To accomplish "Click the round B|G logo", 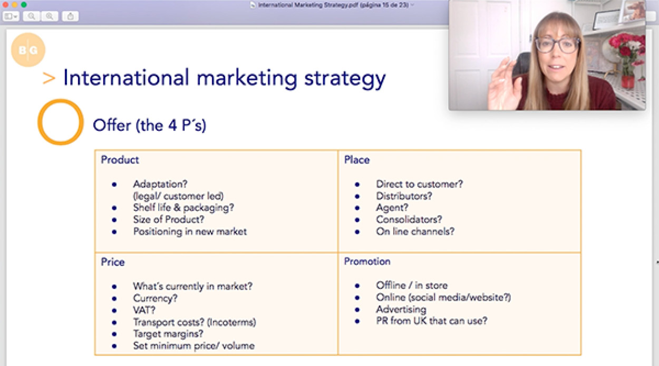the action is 28,50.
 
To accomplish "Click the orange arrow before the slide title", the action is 49,79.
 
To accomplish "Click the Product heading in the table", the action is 120,160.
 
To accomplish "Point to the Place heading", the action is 357,160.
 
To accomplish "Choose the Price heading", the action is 113,262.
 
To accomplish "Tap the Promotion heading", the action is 367,261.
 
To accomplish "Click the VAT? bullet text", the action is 144,310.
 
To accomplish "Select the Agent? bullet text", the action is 392,208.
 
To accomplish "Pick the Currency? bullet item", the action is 156,298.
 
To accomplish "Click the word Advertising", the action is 401,309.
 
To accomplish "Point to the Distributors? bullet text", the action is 404,196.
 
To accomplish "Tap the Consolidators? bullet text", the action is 409,219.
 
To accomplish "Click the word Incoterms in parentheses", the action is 231,322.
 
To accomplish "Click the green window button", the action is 24,5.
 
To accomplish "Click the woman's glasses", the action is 557,45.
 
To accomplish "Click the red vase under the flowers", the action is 627,82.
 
